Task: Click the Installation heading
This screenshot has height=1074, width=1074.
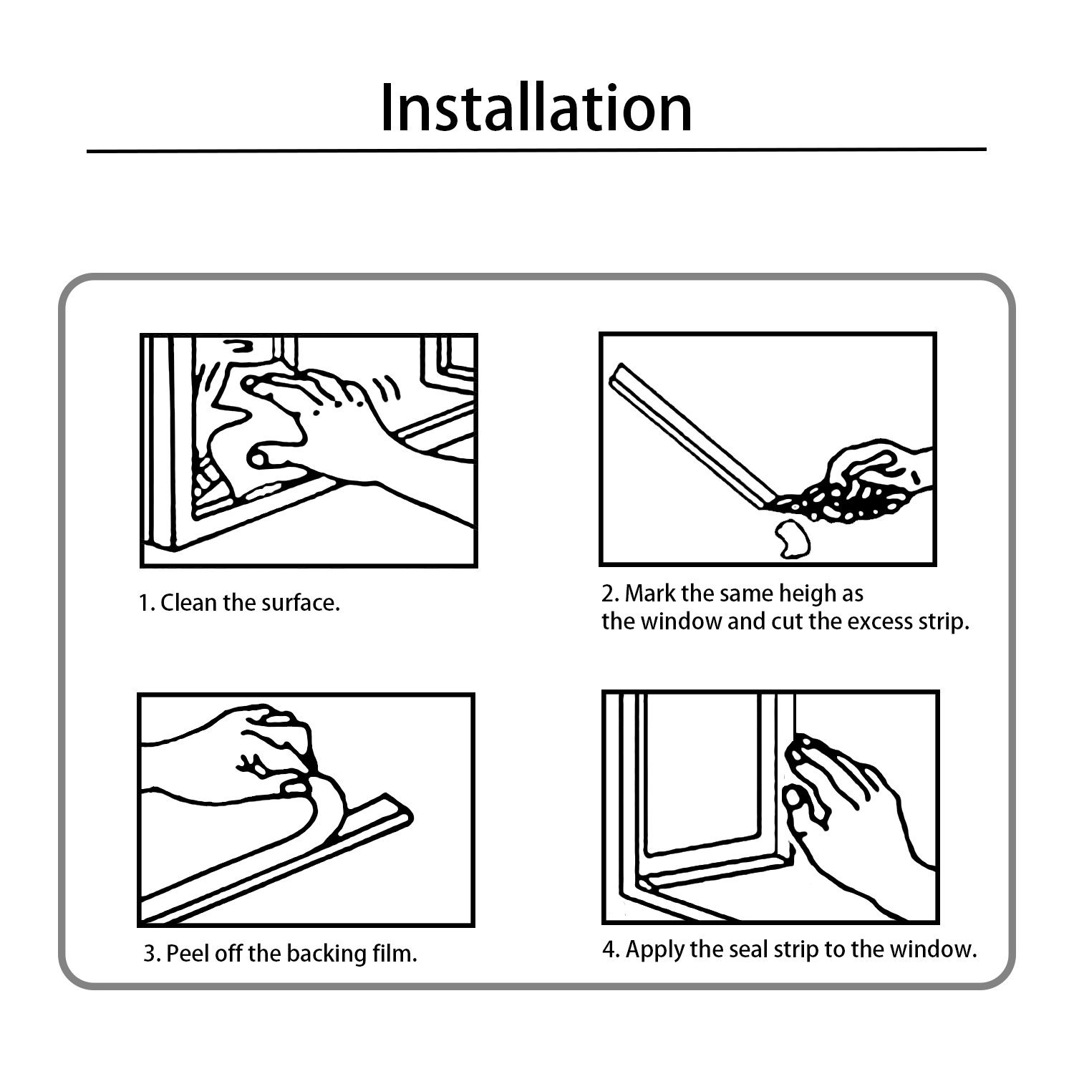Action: [536, 107]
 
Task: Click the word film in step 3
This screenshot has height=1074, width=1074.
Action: [398, 954]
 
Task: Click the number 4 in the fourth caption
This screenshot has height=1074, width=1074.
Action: [610, 949]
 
